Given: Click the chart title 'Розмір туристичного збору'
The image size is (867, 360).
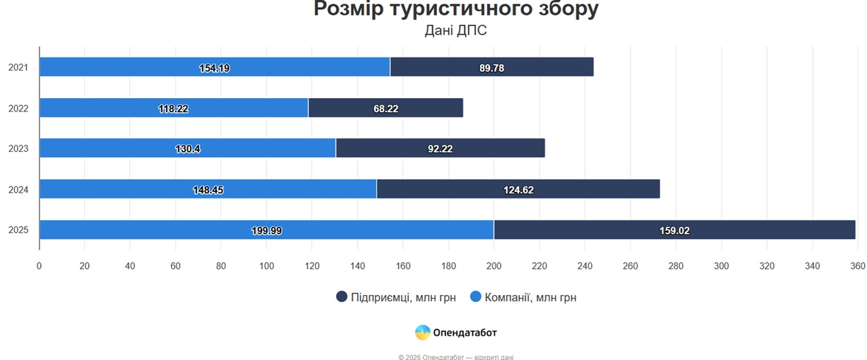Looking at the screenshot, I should coord(456,9).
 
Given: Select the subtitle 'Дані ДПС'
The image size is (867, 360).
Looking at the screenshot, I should coord(456,30).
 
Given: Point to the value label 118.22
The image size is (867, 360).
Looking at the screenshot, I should coord(173,109).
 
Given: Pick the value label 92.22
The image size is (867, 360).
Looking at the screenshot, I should coord(441,149).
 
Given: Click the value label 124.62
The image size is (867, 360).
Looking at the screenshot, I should coord(518,190).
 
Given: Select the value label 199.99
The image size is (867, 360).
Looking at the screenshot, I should coord(266,230).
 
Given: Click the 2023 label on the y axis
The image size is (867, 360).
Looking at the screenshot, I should coord(18,149).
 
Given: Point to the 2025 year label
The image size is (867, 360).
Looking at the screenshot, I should coord(18,230).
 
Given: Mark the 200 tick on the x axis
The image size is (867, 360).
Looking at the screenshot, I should coord(494,266).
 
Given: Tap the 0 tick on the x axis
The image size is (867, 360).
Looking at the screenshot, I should coord(40,266).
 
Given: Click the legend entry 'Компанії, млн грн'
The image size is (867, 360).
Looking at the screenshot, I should coord(523,297).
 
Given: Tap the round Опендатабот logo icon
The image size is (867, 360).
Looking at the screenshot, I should coord(422,332).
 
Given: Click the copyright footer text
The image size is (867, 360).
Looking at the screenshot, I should coord(456,356).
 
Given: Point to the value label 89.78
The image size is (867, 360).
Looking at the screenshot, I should coord(491,68).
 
